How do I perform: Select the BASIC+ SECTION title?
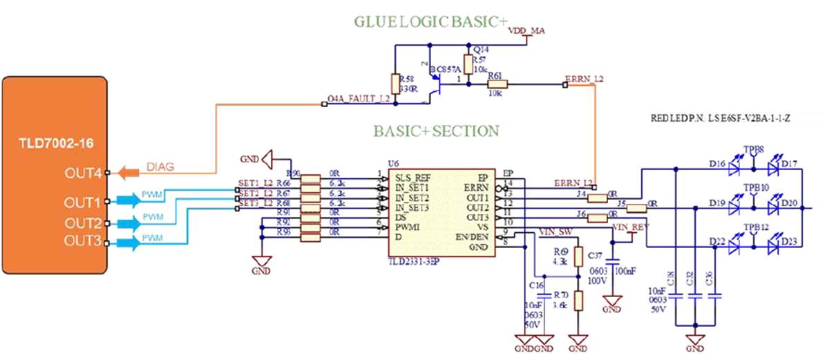[x=436, y=130]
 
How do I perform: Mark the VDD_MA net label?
[x=526, y=31]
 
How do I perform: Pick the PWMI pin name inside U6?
[x=408, y=227]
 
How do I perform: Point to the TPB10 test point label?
[x=753, y=187]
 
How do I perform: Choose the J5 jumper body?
[x=638, y=207]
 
